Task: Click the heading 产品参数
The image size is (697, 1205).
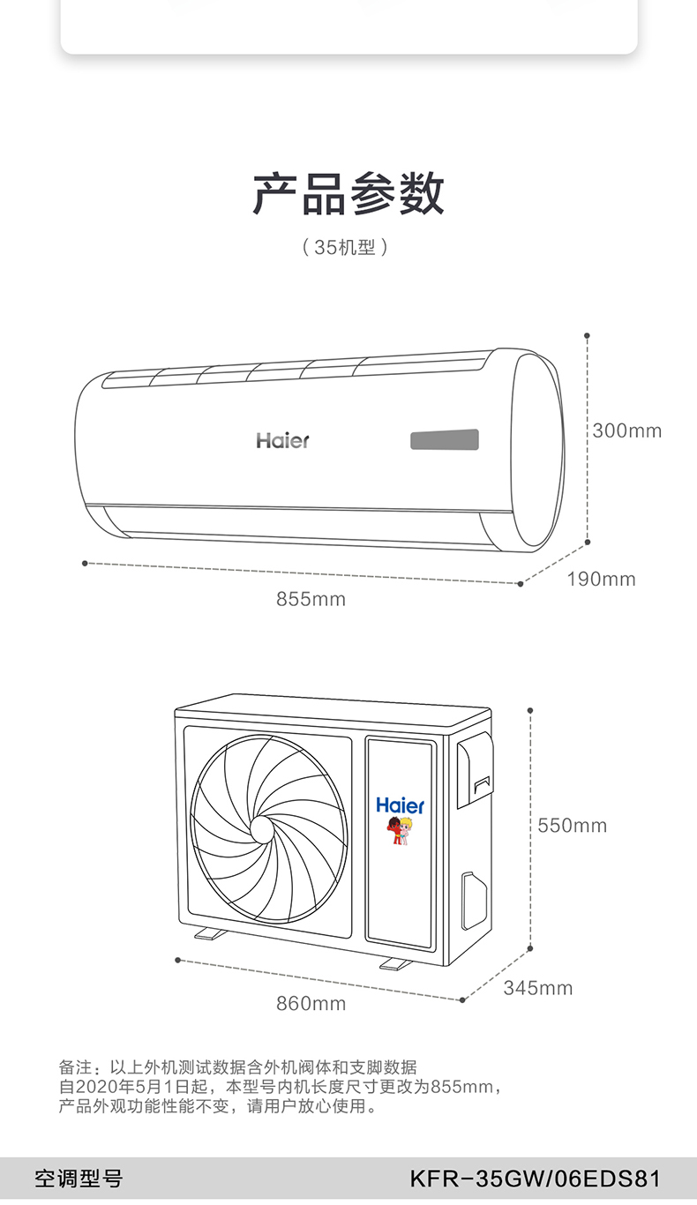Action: (x=348, y=194)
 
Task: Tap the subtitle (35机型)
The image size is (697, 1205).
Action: (x=345, y=248)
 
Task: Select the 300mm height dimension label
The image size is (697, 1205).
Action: (x=627, y=430)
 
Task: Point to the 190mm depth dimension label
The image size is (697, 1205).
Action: (x=601, y=580)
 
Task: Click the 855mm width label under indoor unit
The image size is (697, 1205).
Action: (x=311, y=599)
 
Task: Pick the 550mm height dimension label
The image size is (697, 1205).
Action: (x=572, y=826)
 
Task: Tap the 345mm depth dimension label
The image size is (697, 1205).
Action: (x=538, y=988)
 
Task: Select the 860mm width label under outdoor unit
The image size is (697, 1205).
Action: (x=311, y=1004)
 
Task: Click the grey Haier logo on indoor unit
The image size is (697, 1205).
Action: (x=282, y=440)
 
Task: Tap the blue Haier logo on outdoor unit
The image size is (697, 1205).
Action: (x=400, y=805)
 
